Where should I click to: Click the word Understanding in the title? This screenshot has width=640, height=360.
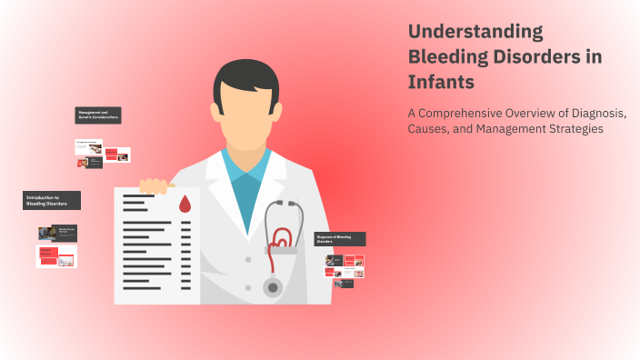click(475, 32)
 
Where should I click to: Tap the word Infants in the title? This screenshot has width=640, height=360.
click(442, 83)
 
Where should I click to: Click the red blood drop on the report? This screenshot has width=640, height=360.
click(185, 205)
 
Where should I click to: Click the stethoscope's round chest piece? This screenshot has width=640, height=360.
click(273, 287)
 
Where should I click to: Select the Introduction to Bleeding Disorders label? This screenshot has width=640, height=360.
click(52, 200)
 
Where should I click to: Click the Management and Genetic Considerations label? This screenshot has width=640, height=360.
click(98, 115)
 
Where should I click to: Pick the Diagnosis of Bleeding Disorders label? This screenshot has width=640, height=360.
click(340, 239)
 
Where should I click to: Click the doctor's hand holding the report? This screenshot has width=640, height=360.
click(155, 186)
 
